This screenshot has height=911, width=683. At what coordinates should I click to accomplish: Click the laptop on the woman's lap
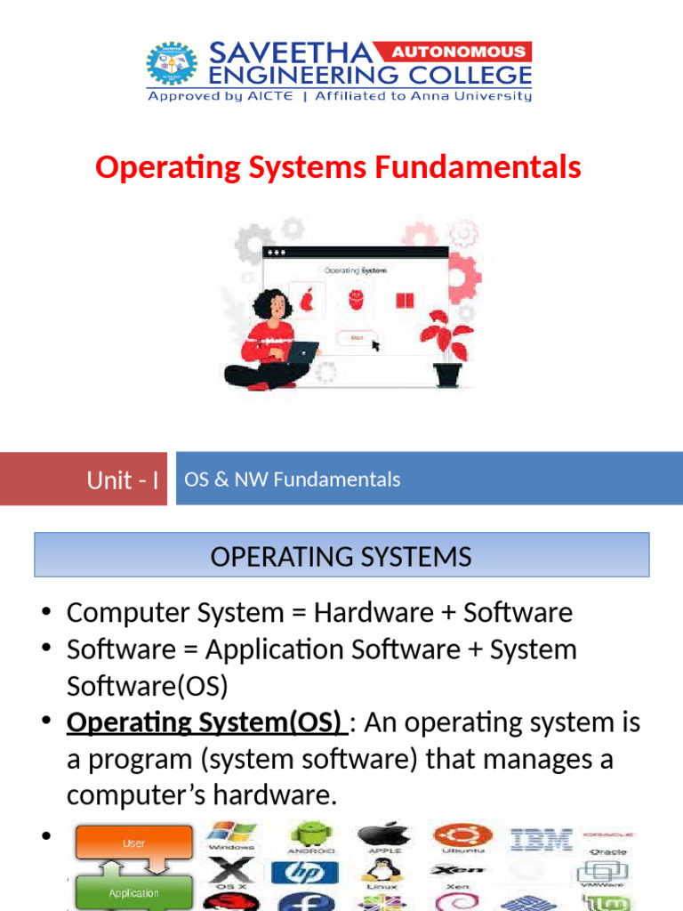click(301, 352)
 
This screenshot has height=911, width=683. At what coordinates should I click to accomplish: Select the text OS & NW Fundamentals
click(292, 480)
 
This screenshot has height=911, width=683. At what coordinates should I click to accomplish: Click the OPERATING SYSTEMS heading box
click(341, 556)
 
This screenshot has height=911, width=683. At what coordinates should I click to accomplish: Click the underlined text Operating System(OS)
click(204, 722)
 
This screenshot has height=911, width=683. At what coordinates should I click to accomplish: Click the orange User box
click(134, 843)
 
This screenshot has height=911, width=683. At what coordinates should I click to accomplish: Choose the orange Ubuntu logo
click(458, 835)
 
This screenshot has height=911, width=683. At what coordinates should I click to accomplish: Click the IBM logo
click(541, 839)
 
